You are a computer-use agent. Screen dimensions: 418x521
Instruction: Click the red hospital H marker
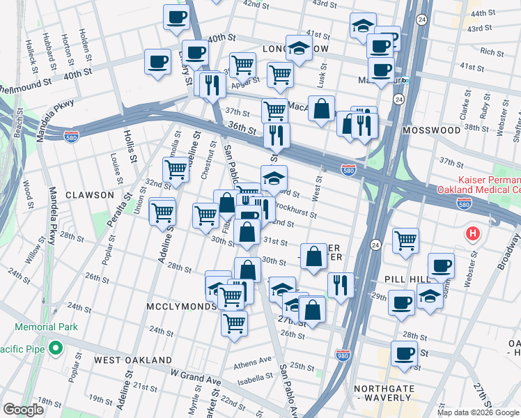(x=474, y=233)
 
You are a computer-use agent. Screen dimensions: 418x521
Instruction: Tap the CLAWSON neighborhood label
(x=89, y=195)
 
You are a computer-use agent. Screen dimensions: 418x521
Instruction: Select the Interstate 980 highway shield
(x=342, y=355)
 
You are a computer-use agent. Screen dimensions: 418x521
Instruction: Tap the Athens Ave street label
(x=254, y=362)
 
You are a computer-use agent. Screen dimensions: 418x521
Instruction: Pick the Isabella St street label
(x=254, y=378)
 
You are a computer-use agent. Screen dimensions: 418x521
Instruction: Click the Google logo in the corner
(x=24, y=409)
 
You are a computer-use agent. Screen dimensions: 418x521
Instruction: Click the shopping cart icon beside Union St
(x=163, y=212)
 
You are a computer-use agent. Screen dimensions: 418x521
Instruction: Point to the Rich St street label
(x=492, y=52)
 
